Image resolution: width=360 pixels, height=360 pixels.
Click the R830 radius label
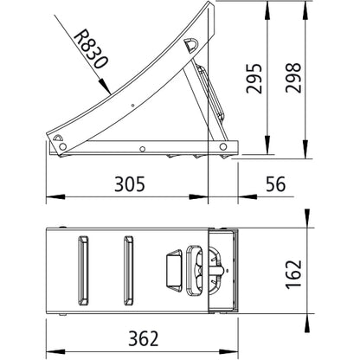point(89,51)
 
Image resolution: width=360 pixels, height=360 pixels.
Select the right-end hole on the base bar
point(224,147)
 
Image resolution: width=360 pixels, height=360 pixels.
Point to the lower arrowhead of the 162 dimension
point(307,310)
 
